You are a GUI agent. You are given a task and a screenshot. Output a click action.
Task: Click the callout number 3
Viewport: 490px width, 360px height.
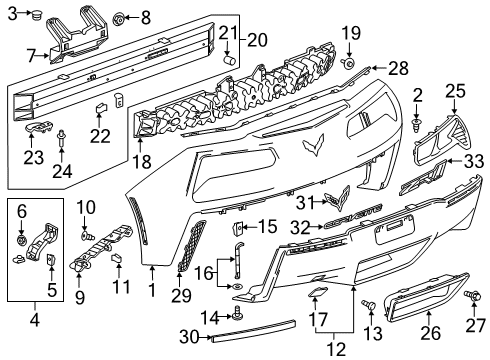pyautogui.click(x=13, y=14)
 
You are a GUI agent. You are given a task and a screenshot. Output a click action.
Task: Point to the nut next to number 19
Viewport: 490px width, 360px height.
pyautogui.click(x=348, y=63)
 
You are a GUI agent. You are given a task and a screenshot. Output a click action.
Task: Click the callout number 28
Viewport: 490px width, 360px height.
pyautogui.click(x=399, y=68)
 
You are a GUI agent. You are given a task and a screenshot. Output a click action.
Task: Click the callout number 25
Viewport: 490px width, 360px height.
pyautogui.click(x=456, y=92)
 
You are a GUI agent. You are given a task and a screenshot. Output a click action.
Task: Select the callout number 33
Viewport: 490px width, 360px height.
pyautogui.click(x=473, y=159)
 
